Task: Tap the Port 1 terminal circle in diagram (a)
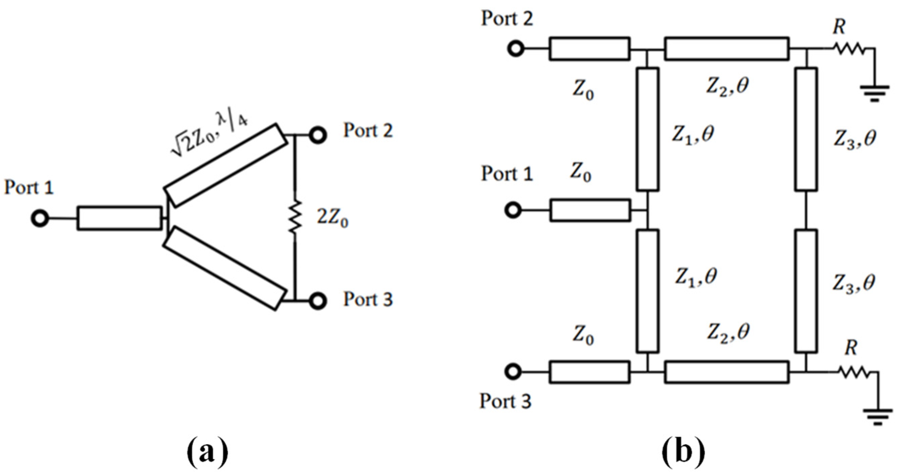click(x=39, y=219)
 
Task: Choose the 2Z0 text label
click(x=332, y=219)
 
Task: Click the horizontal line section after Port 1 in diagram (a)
click(x=119, y=218)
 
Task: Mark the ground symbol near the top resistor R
click(x=875, y=94)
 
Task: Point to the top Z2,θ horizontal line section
click(x=727, y=49)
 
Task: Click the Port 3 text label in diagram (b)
click(x=505, y=401)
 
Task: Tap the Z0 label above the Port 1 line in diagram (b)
click(x=580, y=173)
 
